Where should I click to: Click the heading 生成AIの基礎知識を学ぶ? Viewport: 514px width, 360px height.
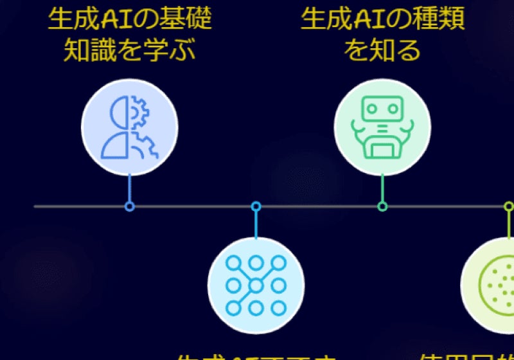[129, 35]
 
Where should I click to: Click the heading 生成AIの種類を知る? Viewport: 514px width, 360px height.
[382, 35]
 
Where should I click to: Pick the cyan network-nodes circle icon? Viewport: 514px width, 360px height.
[256, 285]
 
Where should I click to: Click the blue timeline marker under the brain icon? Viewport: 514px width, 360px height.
[129, 206]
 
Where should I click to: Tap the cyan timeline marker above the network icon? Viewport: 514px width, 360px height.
[256, 206]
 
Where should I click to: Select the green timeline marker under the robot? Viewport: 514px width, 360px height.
[382, 206]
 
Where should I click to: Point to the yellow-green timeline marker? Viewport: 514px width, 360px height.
[508, 206]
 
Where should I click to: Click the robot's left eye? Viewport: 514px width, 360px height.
[373, 109]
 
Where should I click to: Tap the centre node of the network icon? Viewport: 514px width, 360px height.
[256, 285]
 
